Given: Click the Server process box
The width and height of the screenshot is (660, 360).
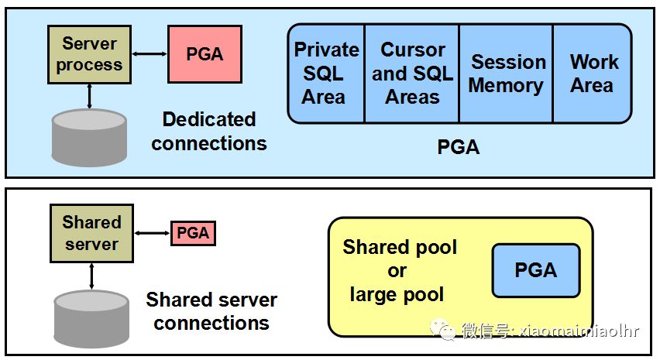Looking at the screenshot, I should (x=89, y=53).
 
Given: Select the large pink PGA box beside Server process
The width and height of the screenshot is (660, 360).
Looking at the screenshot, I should (x=205, y=53).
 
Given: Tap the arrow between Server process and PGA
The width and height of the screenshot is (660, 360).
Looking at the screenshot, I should (x=150, y=53).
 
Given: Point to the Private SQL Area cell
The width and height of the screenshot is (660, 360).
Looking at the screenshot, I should (x=326, y=73).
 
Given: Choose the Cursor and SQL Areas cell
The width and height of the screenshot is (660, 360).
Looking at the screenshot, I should (x=412, y=73).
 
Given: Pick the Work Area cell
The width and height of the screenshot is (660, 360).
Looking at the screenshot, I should (x=593, y=73).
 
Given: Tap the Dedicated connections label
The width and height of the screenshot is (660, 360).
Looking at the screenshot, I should (x=208, y=131).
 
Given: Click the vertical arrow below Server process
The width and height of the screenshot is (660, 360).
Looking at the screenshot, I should (x=91, y=96).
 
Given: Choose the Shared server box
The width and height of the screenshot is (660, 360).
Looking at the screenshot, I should (x=91, y=232).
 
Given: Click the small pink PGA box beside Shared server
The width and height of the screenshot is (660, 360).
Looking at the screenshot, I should (x=193, y=232).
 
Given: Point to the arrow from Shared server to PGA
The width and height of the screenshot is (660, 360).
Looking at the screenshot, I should (x=152, y=232).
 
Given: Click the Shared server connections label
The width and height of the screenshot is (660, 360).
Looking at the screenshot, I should (x=211, y=310).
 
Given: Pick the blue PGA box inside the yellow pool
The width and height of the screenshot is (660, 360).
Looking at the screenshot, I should (x=536, y=270).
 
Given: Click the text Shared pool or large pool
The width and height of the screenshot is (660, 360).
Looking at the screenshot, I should (x=400, y=270).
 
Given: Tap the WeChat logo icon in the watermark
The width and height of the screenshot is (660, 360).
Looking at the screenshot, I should (x=448, y=331).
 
